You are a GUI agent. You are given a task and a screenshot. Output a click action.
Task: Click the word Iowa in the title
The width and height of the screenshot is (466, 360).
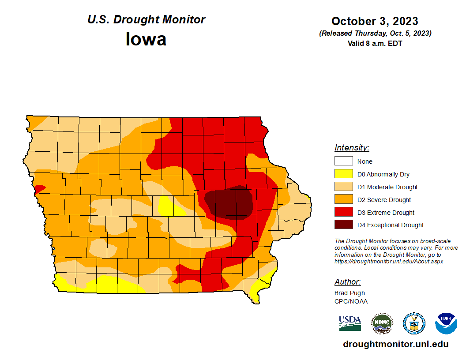[146, 39]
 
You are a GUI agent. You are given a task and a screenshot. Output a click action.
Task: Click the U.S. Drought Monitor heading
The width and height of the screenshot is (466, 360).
[146, 20]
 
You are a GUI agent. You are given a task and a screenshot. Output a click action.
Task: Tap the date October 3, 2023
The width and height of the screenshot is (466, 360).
[375, 21]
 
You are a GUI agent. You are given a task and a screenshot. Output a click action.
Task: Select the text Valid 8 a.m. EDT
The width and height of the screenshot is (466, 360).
[375, 43]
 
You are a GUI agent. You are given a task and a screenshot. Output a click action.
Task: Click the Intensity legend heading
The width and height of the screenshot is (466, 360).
[352, 148]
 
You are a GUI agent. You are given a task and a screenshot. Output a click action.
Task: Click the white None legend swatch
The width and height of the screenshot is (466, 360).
[343, 161]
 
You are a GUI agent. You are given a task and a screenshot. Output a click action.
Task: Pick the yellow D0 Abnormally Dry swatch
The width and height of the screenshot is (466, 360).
[343, 174]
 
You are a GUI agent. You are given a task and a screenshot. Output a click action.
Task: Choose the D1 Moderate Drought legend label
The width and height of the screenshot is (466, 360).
[387, 187]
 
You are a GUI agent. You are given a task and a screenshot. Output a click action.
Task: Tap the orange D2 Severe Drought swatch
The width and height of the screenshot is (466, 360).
[343, 200]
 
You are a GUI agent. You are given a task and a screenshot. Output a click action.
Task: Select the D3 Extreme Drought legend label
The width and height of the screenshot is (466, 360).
[386, 213]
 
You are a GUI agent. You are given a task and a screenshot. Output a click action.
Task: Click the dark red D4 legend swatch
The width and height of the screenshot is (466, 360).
[343, 225]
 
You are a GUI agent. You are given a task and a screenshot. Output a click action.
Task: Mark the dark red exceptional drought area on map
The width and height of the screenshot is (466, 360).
[229, 203]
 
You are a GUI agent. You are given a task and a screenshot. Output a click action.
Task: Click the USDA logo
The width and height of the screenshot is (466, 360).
[350, 323]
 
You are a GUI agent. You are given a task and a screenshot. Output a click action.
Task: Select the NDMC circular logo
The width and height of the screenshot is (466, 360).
[382, 324]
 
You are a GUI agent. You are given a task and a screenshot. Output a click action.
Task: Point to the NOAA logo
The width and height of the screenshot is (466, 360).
[446, 324]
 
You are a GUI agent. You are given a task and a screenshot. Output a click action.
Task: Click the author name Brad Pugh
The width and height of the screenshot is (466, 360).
[349, 293]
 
